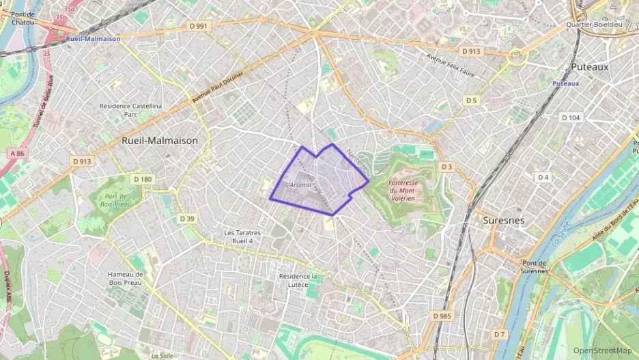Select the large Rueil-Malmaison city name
tap(159, 140)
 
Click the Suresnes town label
tap(503, 221)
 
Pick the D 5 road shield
tap(471, 100)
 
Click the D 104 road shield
tap(570, 117)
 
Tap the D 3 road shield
tap(446, 167)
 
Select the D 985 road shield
tap(442, 316)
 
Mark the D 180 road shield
tap(143, 179)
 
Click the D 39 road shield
tap(187, 219)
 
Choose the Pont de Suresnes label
tap(535, 266)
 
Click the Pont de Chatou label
tap(23, 18)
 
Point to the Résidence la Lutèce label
tap(299, 280)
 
